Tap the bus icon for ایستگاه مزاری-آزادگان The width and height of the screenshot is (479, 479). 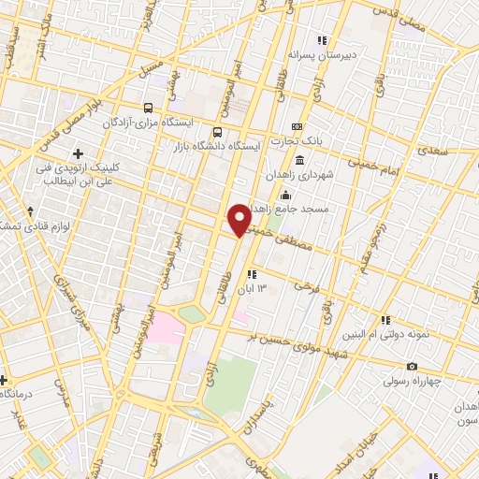point(149,109)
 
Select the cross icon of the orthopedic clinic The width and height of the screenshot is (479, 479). point(77,152)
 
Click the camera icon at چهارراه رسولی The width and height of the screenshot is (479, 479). point(412,366)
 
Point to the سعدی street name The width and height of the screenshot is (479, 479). point(433,149)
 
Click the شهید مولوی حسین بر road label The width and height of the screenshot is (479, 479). point(309,350)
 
